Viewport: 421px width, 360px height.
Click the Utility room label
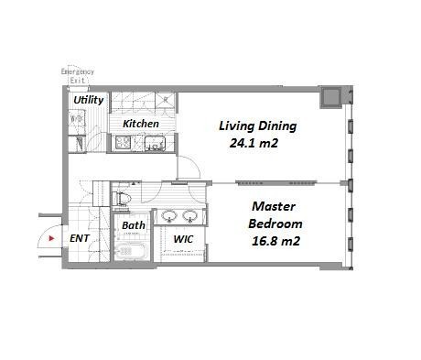88,100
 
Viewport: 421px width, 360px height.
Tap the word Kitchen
141,124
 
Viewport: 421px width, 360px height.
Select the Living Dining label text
257,125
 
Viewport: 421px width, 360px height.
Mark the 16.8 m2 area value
275,240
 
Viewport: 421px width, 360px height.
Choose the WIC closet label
183,239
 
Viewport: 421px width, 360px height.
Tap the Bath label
134,225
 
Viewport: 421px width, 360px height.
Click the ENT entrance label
80,238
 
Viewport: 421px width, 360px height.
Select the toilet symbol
124,197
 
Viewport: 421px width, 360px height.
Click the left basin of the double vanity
169,217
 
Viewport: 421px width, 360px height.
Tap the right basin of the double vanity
190,217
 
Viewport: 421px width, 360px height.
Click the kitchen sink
154,143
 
